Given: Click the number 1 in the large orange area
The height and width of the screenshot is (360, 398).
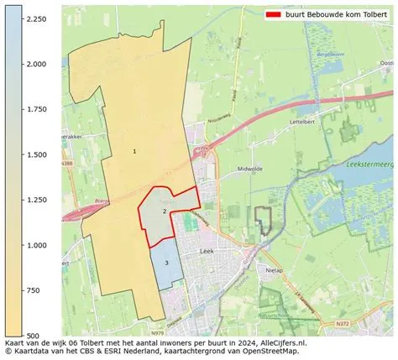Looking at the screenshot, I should tap(134, 151).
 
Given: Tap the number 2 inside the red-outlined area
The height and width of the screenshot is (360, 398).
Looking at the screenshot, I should tap(165, 211).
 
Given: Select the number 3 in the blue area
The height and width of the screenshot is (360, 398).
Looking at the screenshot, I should tap(167, 263).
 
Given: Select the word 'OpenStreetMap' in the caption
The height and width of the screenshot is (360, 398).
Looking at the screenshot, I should tap(269, 352).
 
